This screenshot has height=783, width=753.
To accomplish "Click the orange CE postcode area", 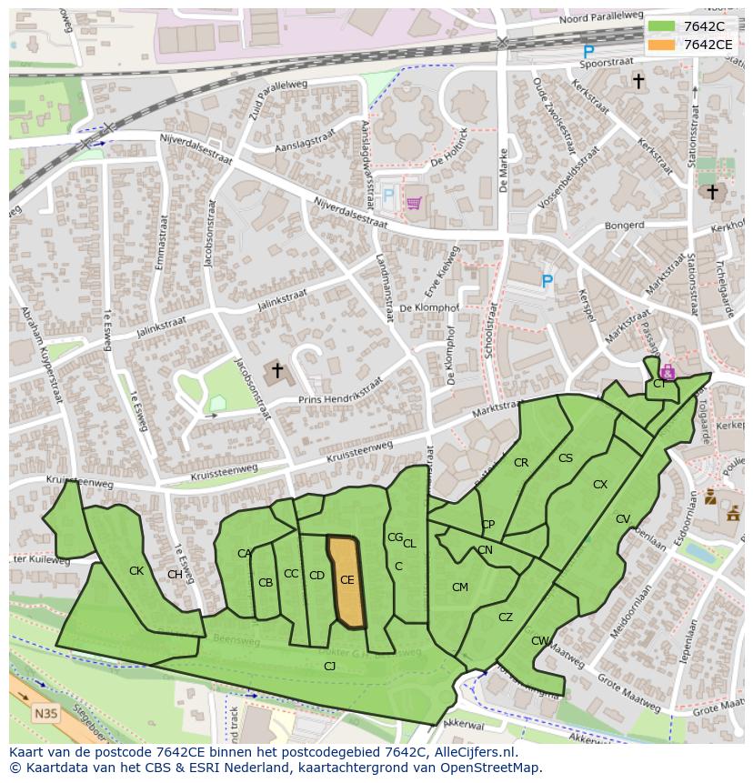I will coord(346,582).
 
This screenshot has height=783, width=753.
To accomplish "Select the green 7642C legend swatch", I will coord(661,26).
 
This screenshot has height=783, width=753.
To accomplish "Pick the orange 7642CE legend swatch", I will coord(661,45).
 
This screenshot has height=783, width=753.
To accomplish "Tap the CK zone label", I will coord(136,571).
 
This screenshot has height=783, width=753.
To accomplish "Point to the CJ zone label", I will coord(330,667).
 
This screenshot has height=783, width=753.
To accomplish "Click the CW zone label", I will coord(540,641).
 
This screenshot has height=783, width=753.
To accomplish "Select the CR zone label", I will coord(521,463).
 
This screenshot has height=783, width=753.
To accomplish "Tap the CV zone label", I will coord(623,519).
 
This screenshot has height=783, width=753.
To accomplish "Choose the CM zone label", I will coord(460,587).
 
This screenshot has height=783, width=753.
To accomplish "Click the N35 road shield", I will coord(45,713).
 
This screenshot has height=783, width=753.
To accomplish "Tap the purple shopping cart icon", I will coord(415,202).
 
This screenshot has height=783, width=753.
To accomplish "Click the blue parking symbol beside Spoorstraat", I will coord(588,53).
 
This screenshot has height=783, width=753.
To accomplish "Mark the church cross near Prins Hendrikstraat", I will coord(277,371).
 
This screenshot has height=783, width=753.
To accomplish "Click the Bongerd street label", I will coord(625,225).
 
